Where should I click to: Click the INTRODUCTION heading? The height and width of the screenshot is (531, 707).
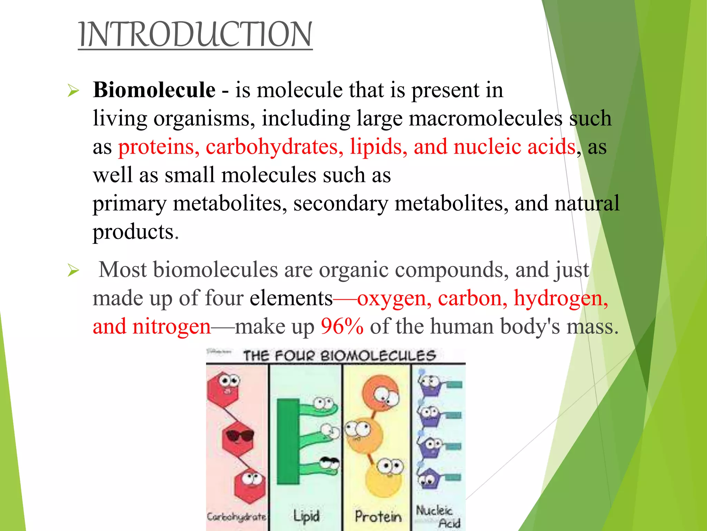click(x=195, y=35)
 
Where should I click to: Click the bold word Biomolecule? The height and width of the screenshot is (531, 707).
click(x=154, y=90)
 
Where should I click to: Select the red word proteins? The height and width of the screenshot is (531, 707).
click(x=158, y=147)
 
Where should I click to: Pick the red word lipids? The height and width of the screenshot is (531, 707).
click(x=378, y=147)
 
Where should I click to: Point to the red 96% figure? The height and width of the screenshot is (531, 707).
click(x=342, y=326)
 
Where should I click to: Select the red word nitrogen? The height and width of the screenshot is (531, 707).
click(x=171, y=326)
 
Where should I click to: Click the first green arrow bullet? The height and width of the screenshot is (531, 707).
click(x=74, y=91)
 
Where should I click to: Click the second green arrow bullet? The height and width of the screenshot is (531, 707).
click(x=74, y=270)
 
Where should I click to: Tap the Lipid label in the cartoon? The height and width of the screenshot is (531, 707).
click(x=306, y=516)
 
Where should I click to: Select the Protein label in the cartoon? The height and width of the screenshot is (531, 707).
click(x=378, y=516)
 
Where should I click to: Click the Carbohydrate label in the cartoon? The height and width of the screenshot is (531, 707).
click(x=236, y=517)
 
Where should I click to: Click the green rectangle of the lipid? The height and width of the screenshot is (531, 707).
click(x=288, y=441)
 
